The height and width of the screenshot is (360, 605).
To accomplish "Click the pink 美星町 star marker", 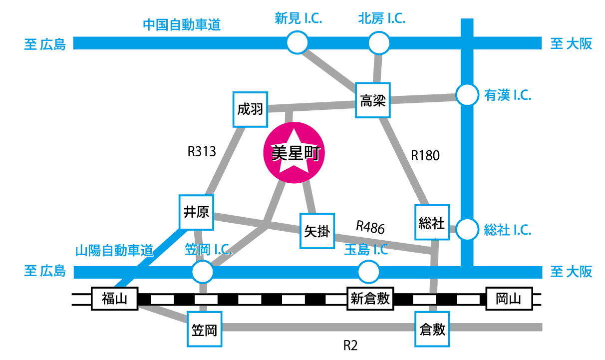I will [x=294, y=154].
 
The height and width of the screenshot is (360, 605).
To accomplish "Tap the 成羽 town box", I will [x=251, y=109].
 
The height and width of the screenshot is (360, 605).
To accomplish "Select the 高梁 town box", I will [x=373, y=100].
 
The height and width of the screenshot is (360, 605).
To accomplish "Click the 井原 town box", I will [x=197, y=212].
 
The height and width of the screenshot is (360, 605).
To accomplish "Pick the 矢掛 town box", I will [x=317, y=231].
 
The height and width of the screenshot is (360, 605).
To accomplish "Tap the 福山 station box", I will [x=115, y=299].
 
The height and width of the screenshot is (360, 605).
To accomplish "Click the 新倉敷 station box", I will [x=370, y=299].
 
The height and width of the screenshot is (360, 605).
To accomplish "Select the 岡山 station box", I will [x=509, y=299].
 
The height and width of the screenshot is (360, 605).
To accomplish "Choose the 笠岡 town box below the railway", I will [x=204, y=330].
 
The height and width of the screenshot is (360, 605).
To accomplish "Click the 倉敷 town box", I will [x=432, y=329].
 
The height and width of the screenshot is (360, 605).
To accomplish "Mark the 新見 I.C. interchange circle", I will [x=298, y=43].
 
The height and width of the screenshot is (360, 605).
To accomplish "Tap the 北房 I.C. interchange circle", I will [x=379, y=43].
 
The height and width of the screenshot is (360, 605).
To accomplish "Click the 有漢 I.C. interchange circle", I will [x=468, y=95].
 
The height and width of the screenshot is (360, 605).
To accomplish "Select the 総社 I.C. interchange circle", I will [x=468, y=230].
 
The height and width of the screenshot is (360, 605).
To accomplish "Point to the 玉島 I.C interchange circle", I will [x=369, y=272].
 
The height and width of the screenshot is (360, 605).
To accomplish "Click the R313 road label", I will [x=202, y=151].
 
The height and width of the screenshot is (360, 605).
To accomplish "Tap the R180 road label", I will [x=425, y=156].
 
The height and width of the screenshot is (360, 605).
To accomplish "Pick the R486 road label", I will [x=370, y=228].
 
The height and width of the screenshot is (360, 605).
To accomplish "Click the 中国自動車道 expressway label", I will [x=182, y=24].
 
